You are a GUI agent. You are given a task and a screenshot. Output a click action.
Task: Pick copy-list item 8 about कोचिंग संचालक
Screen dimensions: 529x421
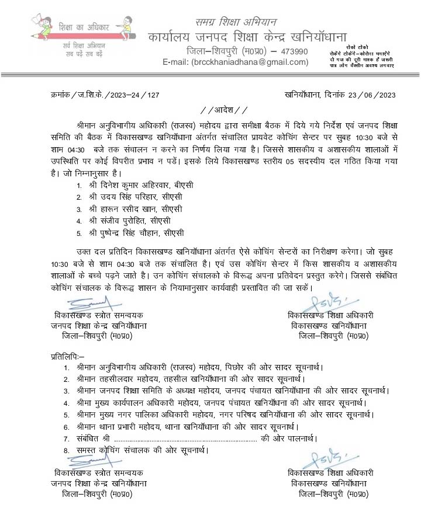142,450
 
